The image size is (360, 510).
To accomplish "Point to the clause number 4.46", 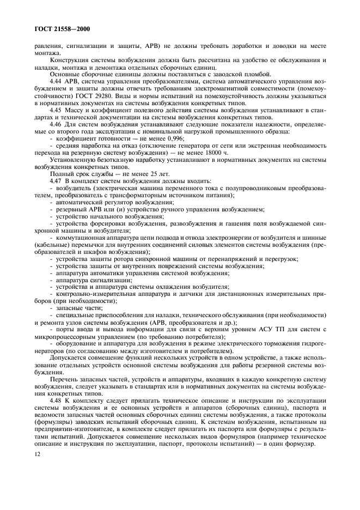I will coord(56,124).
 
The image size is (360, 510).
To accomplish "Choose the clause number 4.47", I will coord(56,180).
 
